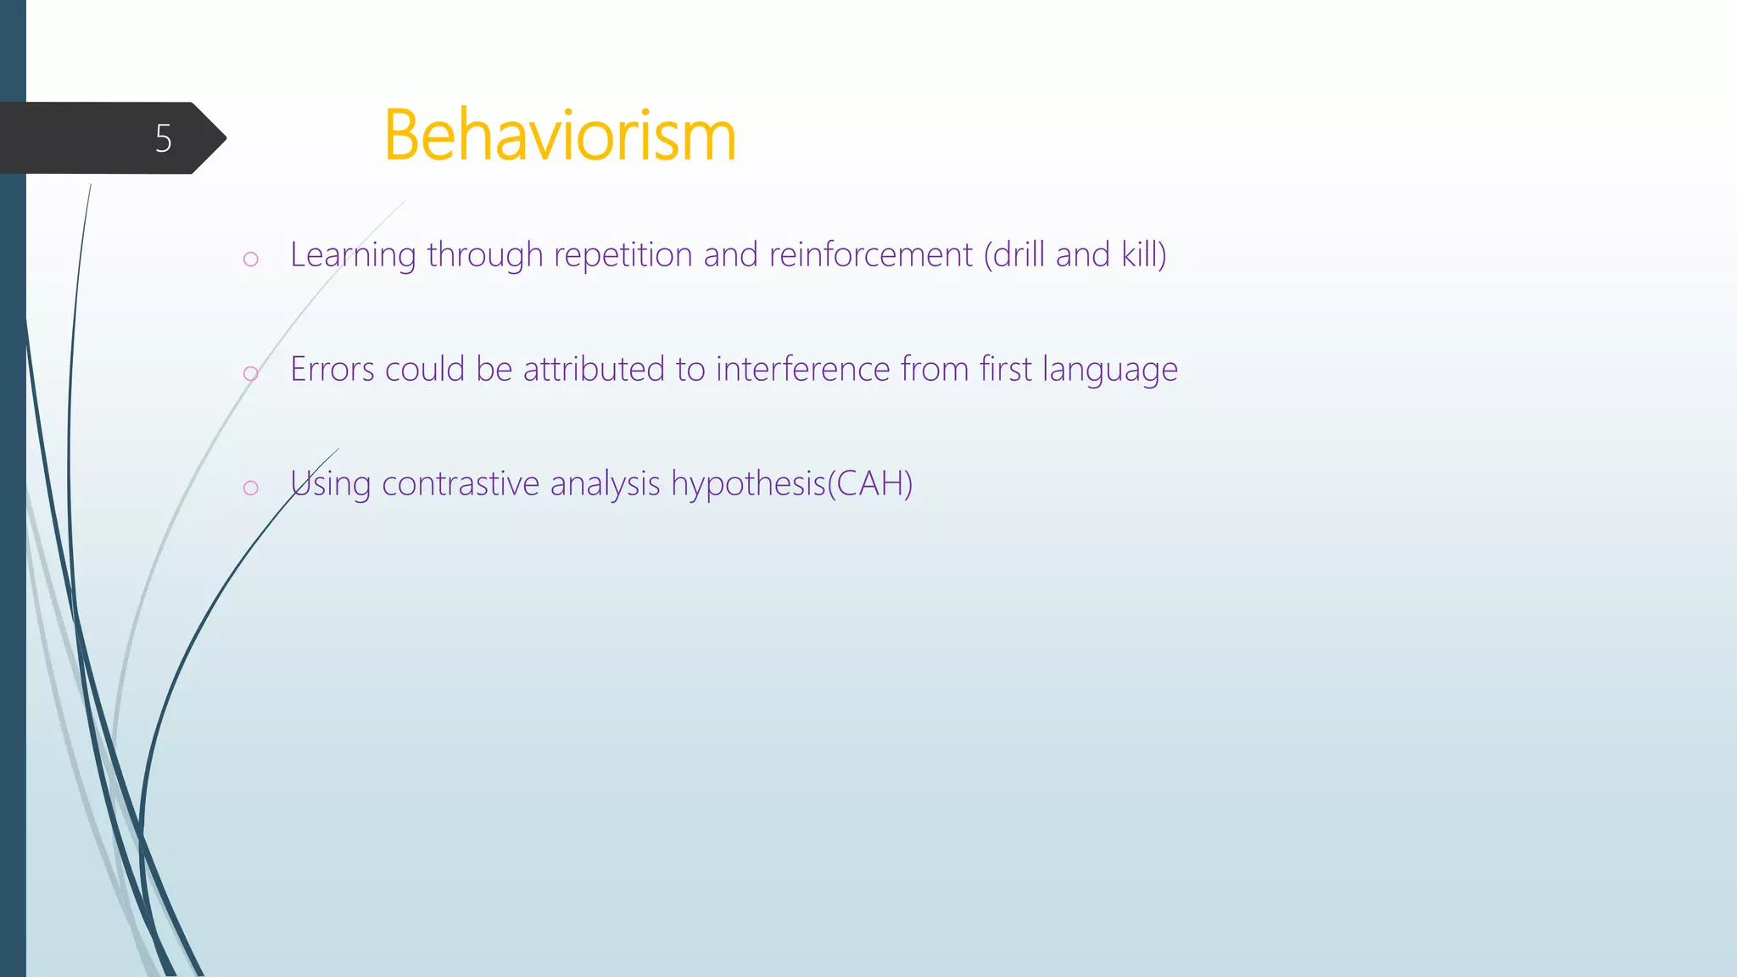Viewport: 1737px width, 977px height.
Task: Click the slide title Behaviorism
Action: [x=560, y=136]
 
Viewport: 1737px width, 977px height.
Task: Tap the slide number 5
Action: [x=164, y=138]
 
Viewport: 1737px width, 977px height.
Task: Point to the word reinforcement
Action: [x=870, y=255]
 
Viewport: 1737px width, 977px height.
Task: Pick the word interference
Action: [x=801, y=370]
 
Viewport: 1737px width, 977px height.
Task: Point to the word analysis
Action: [x=605, y=484]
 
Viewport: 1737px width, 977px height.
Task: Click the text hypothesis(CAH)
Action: [x=791, y=484]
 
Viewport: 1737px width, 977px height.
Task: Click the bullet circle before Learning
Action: [x=250, y=259]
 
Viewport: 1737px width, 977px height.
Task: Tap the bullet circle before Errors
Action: [x=250, y=373]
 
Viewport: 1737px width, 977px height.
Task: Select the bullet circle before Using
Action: [x=250, y=488]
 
